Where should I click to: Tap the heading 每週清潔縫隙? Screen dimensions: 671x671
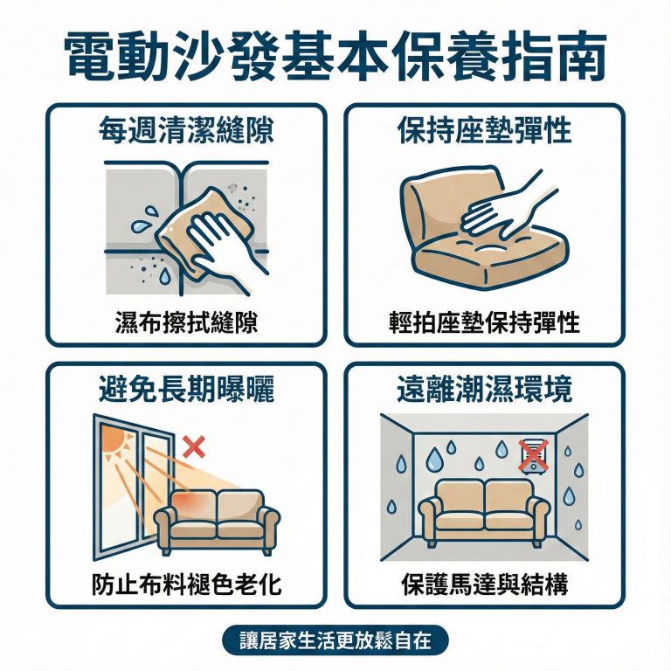tap(185, 131)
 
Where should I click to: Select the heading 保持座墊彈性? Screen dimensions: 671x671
tap(485, 131)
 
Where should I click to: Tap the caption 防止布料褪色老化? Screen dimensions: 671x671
tap(186, 584)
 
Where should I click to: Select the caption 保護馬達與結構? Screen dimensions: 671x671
tap(485, 584)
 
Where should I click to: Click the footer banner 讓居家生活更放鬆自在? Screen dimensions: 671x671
tap(335, 640)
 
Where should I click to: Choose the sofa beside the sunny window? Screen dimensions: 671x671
tap(217, 517)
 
